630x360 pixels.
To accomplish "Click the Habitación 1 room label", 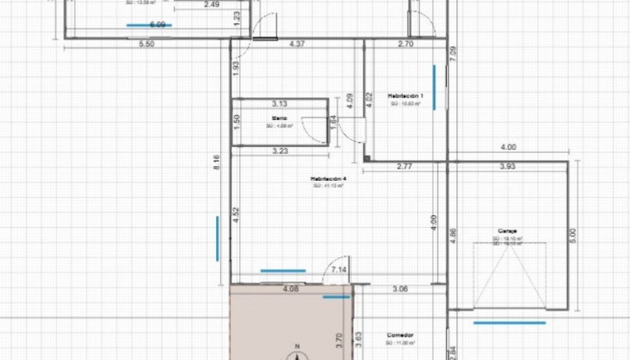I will click(x=405, y=95).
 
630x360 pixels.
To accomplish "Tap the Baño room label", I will click(x=279, y=118).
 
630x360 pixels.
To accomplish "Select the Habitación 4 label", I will click(x=329, y=178).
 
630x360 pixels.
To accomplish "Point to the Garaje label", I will click(x=506, y=231).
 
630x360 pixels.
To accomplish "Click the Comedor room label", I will click(x=401, y=335).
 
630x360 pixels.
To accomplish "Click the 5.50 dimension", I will click(x=146, y=45).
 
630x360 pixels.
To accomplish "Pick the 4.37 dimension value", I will click(x=297, y=45).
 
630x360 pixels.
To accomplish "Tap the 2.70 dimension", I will click(x=405, y=45).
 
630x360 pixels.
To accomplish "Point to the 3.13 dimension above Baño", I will click(x=279, y=103).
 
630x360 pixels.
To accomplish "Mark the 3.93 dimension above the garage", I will click(x=508, y=166).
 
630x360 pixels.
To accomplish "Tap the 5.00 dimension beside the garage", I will click(x=571, y=233).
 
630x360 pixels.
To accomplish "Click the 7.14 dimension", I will click(x=338, y=270).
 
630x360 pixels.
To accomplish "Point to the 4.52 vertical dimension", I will click(x=236, y=215).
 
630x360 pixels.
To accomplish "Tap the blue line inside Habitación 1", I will click(x=435, y=86).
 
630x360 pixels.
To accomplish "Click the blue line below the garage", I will click(x=509, y=323).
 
